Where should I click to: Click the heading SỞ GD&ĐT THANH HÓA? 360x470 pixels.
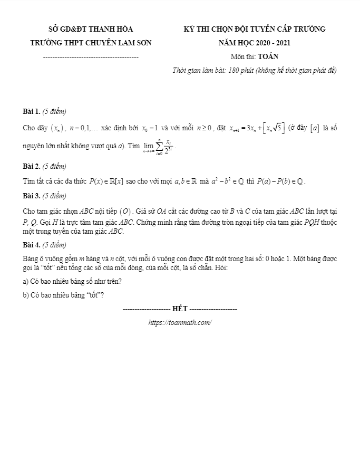tap(90, 29)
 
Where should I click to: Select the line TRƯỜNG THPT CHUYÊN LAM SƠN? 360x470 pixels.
tap(90, 43)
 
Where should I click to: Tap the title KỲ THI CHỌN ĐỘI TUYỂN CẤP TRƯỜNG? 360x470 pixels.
tap(254, 29)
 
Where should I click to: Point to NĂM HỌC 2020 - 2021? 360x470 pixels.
tap(254, 43)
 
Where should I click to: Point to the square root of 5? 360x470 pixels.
tap(277, 128)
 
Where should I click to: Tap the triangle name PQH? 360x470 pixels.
tap(312, 223)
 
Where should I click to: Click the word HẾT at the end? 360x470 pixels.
tap(180, 308)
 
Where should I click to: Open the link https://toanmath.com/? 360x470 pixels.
tap(180, 322)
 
